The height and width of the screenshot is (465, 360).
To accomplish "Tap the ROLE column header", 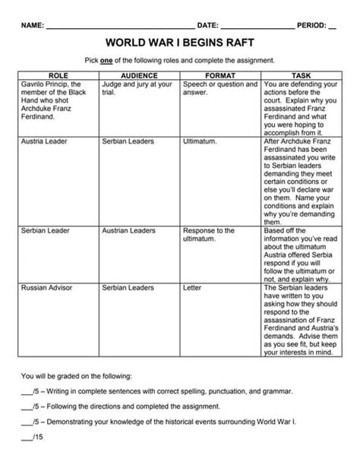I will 58,76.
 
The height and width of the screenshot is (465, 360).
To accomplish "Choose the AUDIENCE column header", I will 140,76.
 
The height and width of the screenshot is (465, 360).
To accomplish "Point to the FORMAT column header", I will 220,76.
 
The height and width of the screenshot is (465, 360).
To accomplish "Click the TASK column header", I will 301,76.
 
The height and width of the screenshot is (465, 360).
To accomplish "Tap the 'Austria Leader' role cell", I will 45,141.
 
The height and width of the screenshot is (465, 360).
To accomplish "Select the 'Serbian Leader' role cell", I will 45,230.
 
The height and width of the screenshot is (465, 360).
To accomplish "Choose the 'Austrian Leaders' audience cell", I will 129,230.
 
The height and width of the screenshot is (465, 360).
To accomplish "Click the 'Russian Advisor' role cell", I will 47,288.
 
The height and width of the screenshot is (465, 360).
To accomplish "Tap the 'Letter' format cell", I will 192,288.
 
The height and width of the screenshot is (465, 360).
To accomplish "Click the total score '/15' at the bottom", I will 33,438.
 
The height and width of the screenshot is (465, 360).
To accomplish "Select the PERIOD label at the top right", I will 311,26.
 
